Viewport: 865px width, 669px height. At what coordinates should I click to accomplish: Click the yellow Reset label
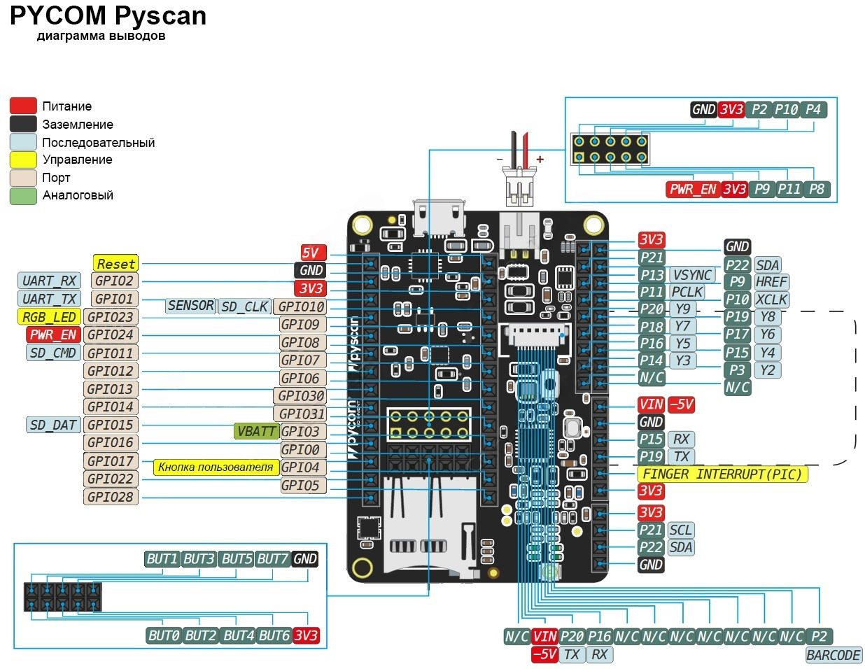(x=116, y=264)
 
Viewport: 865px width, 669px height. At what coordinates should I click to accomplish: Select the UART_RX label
(x=49, y=281)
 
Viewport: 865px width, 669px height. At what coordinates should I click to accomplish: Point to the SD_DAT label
(x=53, y=425)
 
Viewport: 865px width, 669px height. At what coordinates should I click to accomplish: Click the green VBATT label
(x=256, y=431)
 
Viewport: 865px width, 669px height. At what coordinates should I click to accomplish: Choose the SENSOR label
(x=190, y=306)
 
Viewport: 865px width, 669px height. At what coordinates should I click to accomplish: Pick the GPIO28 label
(x=110, y=497)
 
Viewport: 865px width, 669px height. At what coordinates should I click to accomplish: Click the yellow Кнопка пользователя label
(x=216, y=467)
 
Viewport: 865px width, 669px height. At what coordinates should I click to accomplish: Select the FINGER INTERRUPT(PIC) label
(x=722, y=474)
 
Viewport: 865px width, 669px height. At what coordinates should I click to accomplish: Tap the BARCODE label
(x=833, y=655)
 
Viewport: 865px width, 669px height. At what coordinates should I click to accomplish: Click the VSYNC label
(x=692, y=275)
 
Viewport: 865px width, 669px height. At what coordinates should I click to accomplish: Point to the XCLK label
(x=771, y=300)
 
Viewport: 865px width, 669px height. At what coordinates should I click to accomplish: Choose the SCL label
(x=680, y=530)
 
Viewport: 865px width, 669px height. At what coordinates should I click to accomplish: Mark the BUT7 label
(x=272, y=559)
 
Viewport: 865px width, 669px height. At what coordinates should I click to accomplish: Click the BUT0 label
(x=164, y=635)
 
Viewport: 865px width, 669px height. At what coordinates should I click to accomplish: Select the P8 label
(x=817, y=189)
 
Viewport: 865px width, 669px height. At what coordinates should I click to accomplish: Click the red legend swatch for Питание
(x=23, y=106)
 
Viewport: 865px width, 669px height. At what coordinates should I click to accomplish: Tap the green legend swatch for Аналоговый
(x=23, y=196)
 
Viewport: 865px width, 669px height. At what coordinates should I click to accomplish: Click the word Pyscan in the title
(x=160, y=15)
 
